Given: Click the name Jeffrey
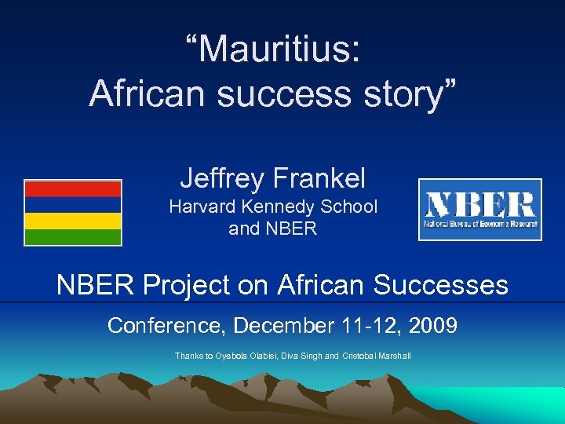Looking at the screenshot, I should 222,178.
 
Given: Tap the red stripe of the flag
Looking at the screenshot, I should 73,188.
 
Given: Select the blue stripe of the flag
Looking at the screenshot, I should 73,204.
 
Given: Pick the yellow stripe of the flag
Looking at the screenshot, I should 73,221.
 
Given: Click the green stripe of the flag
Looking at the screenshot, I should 73,236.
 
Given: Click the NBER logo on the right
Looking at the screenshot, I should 479,209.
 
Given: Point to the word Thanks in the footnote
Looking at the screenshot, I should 189,356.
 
